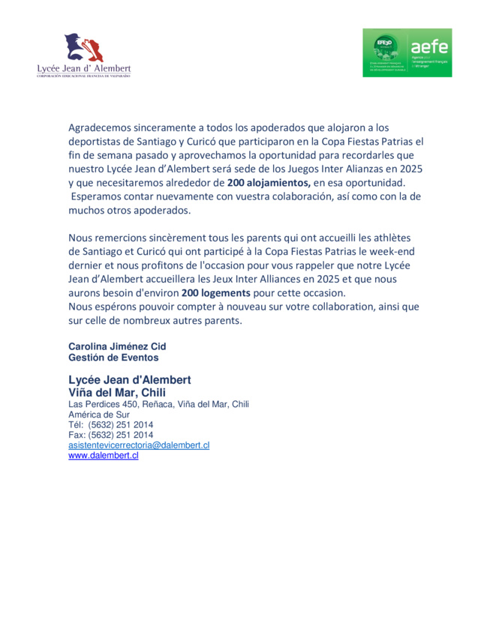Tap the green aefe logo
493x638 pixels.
click(407, 52)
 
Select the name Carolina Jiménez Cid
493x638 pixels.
click(117, 346)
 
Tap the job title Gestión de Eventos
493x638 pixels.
click(113, 358)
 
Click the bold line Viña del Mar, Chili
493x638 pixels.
click(117, 392)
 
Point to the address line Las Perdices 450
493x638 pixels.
click(158, 404)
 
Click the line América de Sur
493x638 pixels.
click(99, 414)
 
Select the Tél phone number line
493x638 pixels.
click(111, 424)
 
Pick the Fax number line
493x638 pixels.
click(111, 435)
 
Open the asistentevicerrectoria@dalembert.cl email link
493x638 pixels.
click(139, 445)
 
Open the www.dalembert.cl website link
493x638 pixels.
click(104, 455)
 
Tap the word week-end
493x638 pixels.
click(398, 251)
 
